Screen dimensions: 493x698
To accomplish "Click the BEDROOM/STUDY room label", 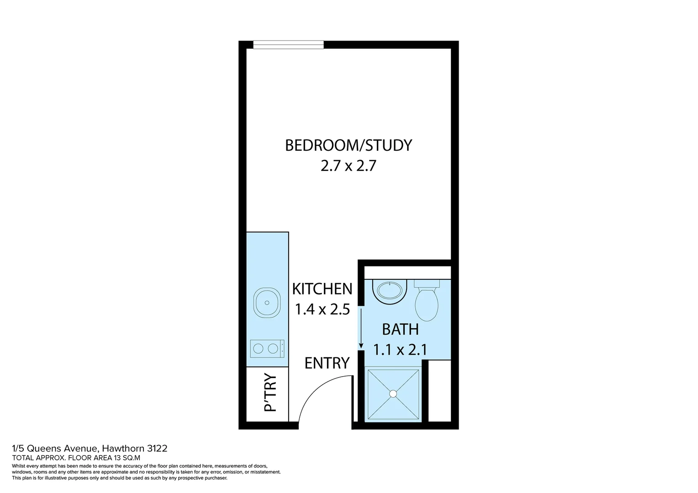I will click(x=348, y=145).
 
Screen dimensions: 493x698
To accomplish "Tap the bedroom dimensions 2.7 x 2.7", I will click(x=348, y=166).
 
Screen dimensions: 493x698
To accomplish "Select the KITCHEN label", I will click(x=322, y=289).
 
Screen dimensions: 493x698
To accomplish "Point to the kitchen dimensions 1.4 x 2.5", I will click(x=322, y=309).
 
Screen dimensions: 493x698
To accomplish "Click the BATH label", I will click(x=400, y=329).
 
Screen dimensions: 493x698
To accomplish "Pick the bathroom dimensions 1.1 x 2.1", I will click(x=400, y=350).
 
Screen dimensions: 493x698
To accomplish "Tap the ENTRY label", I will click(x=327, y=363).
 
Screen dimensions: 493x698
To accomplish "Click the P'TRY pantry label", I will click(x=270, y=393).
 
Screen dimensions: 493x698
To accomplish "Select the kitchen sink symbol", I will click(x=267, y=303).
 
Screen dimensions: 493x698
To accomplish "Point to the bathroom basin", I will click(x=389, y=291).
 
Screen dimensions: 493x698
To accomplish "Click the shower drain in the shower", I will click(x=393, y=393).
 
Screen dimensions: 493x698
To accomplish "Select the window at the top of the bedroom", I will click(x=288, y=44).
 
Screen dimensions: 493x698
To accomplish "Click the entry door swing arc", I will click(x=315, y=388).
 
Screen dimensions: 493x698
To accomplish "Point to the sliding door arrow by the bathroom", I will click(x=361, y=328).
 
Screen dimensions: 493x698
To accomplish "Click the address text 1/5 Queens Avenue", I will click(x=54, y=448).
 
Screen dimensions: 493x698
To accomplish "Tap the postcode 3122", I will click(x=157, y=448).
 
